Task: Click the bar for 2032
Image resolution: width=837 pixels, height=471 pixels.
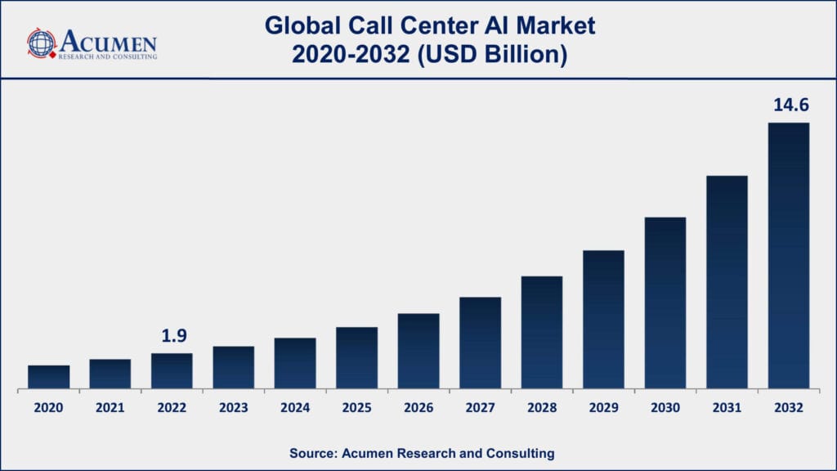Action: [x=789, y=255]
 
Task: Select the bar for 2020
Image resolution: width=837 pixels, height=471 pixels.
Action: [x=49, y=376]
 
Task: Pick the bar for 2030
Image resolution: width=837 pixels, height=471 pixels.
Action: [x=665, y=303]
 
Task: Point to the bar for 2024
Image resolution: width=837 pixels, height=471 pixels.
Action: [x=295, y=362]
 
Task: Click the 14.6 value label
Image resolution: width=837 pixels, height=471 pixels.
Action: [x=789, y=105]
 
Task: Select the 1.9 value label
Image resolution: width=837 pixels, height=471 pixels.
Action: [x=172, y=336]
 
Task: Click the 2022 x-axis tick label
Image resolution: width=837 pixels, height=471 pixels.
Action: [x=172, y=407]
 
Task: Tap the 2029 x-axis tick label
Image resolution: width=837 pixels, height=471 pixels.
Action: [x=603, y=407]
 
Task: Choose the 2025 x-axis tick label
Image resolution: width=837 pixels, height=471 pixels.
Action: [x=357, y=407]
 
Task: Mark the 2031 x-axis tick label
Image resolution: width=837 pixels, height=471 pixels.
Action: [x=727, y=407]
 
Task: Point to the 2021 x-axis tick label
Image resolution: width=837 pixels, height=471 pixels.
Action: [x=110, y=407]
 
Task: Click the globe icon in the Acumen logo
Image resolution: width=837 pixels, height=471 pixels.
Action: [x=41, y=43]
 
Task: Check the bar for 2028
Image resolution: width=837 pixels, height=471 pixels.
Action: [x=542, y=332]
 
